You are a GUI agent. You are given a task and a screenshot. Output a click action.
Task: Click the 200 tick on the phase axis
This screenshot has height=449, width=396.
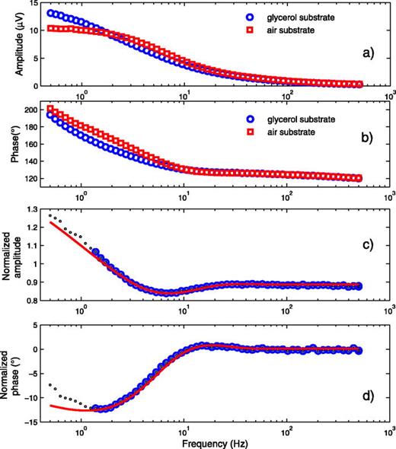[34, 111]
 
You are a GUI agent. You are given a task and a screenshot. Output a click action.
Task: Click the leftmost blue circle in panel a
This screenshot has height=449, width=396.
[51, 13]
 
